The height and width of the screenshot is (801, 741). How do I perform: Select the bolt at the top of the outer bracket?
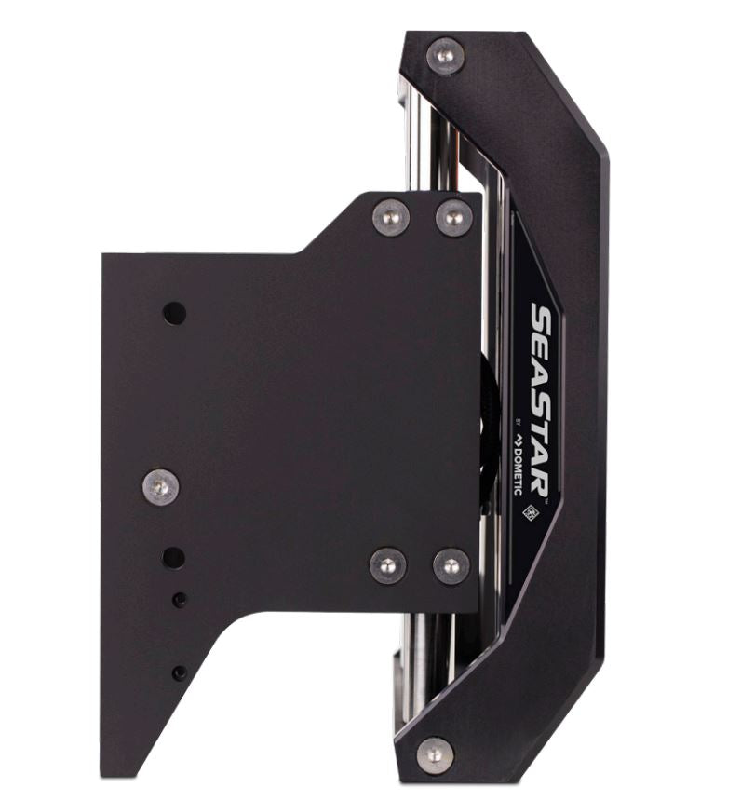pos(445,55)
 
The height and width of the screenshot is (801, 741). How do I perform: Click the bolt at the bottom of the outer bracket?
pos(435,753)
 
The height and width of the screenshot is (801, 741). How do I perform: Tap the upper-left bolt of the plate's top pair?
pos(390,218)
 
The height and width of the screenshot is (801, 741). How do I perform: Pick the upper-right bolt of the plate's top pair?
pos(454,218)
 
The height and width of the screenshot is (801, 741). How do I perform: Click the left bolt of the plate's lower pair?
pos(387,564)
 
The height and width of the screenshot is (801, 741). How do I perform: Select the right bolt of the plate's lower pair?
pos(451,565)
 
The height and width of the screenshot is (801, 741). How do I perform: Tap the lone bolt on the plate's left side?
pos(160,486)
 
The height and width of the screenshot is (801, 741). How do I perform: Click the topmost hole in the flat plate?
pos(174,313)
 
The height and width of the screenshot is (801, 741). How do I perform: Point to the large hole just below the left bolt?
pos(173,558)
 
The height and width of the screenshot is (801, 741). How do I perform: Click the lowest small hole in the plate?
pos(179,672)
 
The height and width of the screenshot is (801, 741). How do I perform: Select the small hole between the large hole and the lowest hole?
pos(179,601)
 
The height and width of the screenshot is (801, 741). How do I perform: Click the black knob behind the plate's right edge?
pos(487,438)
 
